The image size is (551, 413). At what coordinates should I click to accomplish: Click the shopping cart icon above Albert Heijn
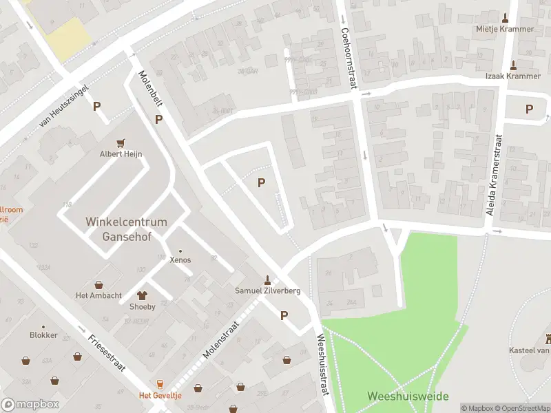coord(121,142)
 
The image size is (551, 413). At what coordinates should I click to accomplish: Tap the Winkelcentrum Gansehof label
coord(126,229)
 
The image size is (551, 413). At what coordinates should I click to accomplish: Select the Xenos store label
coord(180,260)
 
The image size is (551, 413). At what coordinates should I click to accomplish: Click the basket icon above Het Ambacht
coord(98,284)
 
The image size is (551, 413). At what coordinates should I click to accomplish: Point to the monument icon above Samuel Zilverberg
coord(267,279)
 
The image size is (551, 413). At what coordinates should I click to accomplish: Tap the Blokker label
coord(43,335)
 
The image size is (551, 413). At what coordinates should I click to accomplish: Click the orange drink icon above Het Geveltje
coord(160,383)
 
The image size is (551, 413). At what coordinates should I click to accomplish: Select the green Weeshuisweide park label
coord(408,396)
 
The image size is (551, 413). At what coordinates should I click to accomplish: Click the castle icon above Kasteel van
coord(549,339)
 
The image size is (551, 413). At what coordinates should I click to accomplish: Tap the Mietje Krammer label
coord(505,29)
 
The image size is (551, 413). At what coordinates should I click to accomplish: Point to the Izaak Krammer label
coord(514,76)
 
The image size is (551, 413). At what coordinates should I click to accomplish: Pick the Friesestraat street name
coord(106,352)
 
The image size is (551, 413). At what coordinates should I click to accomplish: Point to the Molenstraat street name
coord(220,339)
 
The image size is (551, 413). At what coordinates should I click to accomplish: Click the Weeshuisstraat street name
coord(322,364)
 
